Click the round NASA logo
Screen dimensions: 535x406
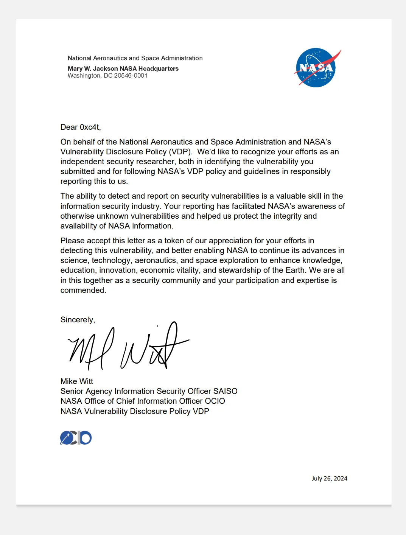click(316, 68)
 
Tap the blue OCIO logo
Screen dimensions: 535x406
click(76, 438)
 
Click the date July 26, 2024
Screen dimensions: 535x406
click(329, 478)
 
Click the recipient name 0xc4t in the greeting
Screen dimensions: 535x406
click(90, 127)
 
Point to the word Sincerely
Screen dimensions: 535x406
click(77, 320)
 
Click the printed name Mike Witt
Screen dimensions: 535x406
click(77, 381)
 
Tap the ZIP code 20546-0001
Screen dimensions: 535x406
click(131, 76)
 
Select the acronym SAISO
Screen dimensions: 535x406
click(225, 391)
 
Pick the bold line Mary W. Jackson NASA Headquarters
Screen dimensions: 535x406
click(123, 68)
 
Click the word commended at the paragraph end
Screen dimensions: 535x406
click(83, 290)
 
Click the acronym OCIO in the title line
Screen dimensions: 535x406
click(215, 401)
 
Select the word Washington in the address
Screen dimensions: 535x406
click(84, 76)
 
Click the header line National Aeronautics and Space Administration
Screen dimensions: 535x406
click(135, 58)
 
